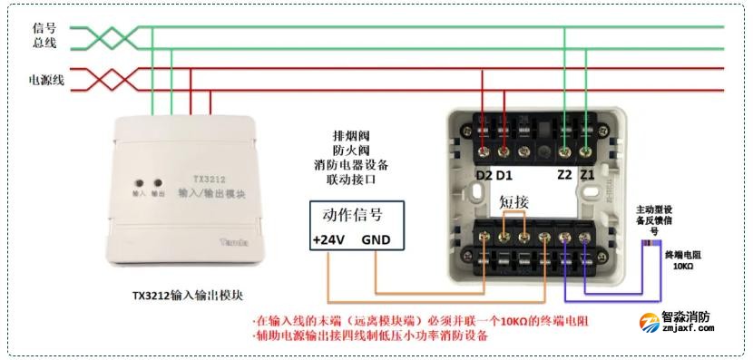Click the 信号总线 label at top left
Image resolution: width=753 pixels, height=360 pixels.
44,35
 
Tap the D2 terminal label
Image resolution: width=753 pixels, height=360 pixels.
484,174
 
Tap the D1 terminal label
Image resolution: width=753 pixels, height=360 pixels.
504,174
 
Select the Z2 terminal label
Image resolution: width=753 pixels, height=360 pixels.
564,174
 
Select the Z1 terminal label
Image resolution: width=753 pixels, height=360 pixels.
587,174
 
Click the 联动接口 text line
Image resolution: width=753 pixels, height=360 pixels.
350,180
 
